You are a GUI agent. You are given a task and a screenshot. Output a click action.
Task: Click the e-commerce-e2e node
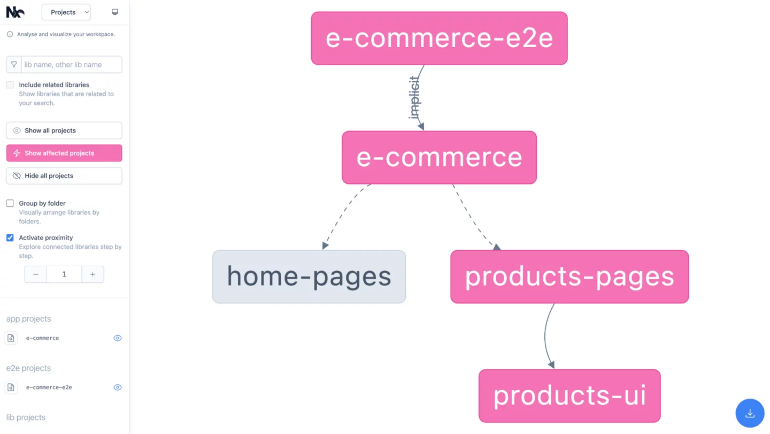pos(439,38)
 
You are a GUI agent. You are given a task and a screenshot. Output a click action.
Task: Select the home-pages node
pos(309,277)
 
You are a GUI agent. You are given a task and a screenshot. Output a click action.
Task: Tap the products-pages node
pos(569,277)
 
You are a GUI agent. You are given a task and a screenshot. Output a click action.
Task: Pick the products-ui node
pos(569,396)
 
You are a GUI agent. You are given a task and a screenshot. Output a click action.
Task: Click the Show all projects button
pos(64,130)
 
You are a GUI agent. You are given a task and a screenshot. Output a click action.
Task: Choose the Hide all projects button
pos(64,176)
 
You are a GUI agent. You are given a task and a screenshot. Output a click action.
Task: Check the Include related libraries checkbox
pos(10,85)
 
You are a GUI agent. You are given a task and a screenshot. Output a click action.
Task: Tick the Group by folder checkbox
pos(10,204)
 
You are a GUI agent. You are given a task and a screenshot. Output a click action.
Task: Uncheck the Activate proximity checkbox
pos(10,238)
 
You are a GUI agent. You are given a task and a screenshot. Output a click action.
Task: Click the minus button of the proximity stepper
pos(36,274)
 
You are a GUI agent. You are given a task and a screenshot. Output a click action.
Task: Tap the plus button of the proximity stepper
pos(93,274)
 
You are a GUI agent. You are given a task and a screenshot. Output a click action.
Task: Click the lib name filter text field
pos(71,65)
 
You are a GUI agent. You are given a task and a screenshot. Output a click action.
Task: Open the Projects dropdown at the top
pos(66,12)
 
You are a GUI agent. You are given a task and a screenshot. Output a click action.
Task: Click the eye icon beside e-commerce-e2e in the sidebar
pos(118,387)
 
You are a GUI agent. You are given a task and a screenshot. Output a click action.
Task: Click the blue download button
pos(750,413)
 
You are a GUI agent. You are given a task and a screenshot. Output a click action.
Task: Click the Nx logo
pos(15,12)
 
